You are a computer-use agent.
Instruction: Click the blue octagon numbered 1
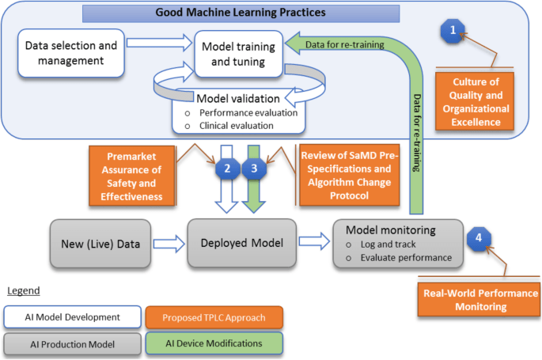click(453, 31)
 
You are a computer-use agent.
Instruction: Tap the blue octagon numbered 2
click(227, 169)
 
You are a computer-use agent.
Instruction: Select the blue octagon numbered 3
click(254, 169)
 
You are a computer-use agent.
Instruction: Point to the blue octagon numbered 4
click(479, 238)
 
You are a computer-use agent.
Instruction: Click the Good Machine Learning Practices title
click(241, 13)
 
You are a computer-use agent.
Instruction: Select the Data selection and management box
click(71, 53)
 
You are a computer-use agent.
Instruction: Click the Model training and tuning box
click(238, 54)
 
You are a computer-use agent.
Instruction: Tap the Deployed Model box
click(242, 243)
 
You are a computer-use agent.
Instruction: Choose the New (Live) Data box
click(100, 244)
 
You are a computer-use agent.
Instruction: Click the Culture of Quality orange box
click(475, 101)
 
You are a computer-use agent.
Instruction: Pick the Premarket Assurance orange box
click(131, 176)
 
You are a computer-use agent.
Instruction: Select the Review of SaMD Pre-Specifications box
click(349, 175)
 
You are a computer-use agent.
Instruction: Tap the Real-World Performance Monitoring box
click(479, 300)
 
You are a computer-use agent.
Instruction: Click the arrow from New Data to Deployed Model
click(169, 244)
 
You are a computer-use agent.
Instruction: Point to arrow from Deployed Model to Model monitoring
click(314, 241)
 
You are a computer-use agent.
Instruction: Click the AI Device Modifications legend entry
click(214, 343)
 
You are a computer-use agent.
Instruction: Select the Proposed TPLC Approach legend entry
click(214, 317)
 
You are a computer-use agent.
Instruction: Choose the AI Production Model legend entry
click(72, 344)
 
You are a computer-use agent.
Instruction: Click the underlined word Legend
click(24, 291)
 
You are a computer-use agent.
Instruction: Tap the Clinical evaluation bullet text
click(237, 126)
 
